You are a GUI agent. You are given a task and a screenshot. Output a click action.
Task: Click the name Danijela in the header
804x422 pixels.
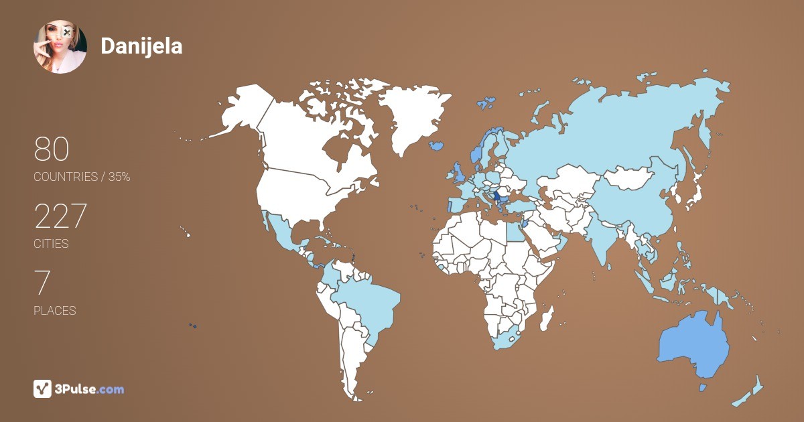coord(141,46)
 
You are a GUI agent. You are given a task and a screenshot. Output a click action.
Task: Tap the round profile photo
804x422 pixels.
coord(60,47)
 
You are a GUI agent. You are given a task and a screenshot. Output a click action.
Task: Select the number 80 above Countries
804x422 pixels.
coord(52,149)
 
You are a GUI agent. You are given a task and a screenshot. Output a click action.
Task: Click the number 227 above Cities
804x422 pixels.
coord(60,216)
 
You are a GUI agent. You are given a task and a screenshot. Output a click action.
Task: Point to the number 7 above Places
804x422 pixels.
coord(42,283)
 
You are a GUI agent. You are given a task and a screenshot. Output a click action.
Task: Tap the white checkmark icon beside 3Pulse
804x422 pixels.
coord(43,389)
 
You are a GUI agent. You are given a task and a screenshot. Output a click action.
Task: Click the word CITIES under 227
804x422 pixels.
coord(52,244)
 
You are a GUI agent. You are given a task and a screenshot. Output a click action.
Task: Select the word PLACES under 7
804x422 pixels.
coord(55,311)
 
